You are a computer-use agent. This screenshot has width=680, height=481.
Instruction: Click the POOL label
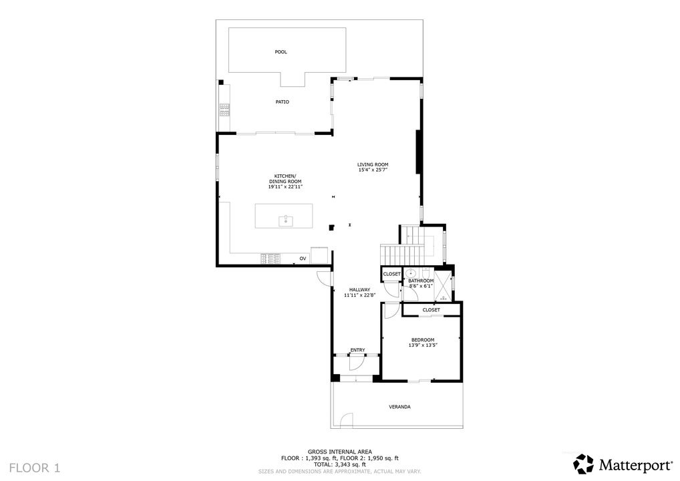click(x=281, y=51)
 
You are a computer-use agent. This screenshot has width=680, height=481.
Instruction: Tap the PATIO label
click(x=283, y=102)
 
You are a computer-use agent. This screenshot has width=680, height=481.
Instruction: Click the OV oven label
click(x=303, y=259)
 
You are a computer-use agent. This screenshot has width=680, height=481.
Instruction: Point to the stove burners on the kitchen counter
click(x=271, y=259)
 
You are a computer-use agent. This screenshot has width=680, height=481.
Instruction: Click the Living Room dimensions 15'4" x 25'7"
click(x=373, y=170)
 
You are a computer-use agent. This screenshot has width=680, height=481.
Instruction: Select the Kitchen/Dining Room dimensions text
click(x=285, y=187)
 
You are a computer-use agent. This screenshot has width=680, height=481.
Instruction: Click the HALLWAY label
click(x=360, y=290)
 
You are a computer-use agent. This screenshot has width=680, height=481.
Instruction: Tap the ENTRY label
click(x=357, y=350)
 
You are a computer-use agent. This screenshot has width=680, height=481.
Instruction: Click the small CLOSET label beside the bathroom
click(x=391, y=274)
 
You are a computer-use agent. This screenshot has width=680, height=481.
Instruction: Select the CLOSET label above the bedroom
click(x=431, y=310)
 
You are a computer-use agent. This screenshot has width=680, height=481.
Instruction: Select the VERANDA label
click(x=399, y=407)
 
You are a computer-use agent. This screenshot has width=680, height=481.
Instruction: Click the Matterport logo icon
click(x=584, y=464)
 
